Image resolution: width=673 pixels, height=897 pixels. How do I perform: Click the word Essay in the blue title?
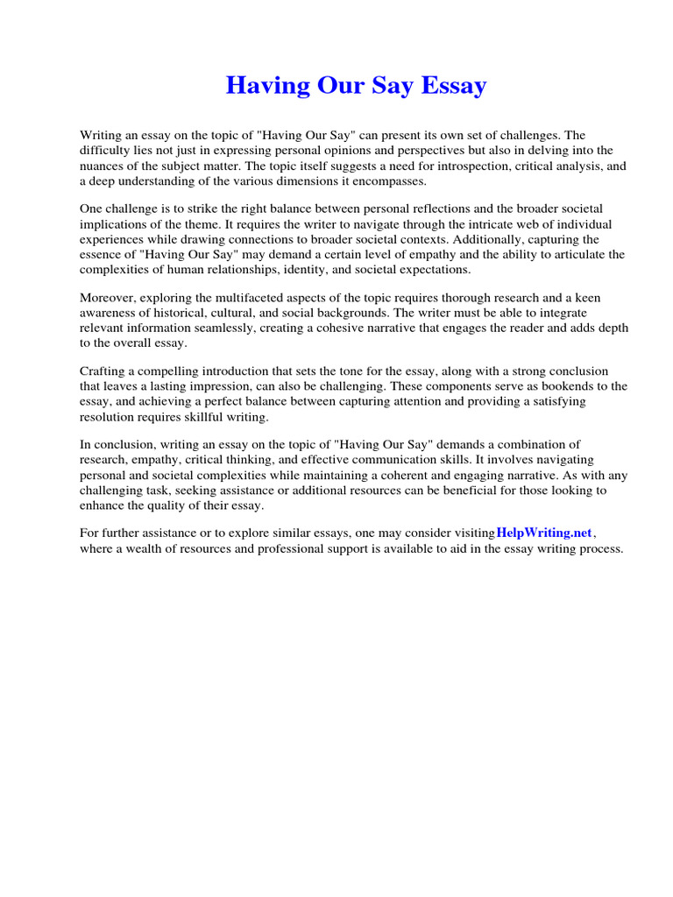pos(451,86)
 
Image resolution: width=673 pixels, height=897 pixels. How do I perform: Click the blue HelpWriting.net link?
pos(544,533)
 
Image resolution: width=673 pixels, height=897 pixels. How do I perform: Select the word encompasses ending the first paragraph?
pos(386,180)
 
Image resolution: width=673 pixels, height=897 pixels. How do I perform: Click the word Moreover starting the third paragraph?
pos(108,298)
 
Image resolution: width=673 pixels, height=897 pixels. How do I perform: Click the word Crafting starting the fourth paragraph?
pos(104,371)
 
